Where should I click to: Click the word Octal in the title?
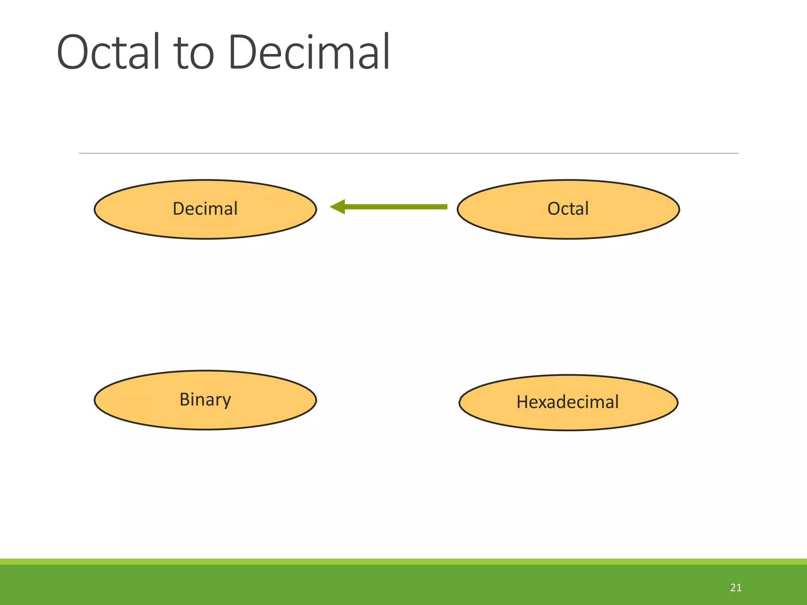[108, 52]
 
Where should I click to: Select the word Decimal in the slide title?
[309, 52]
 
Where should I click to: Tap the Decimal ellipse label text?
[205, 209]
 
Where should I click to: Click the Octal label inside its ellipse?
[568, 209]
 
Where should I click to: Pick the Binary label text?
[205, 400]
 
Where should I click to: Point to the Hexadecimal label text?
[567, 402]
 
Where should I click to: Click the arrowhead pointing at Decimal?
[338, 207]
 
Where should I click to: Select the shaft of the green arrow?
[396, 207]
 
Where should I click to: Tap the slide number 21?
[736, 588]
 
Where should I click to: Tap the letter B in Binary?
[185, 399]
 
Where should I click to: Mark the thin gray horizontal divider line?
[408, 153]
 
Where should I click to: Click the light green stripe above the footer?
[403, 562]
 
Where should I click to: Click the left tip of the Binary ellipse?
[95, 400]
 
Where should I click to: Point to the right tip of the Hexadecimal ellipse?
[677, 403]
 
